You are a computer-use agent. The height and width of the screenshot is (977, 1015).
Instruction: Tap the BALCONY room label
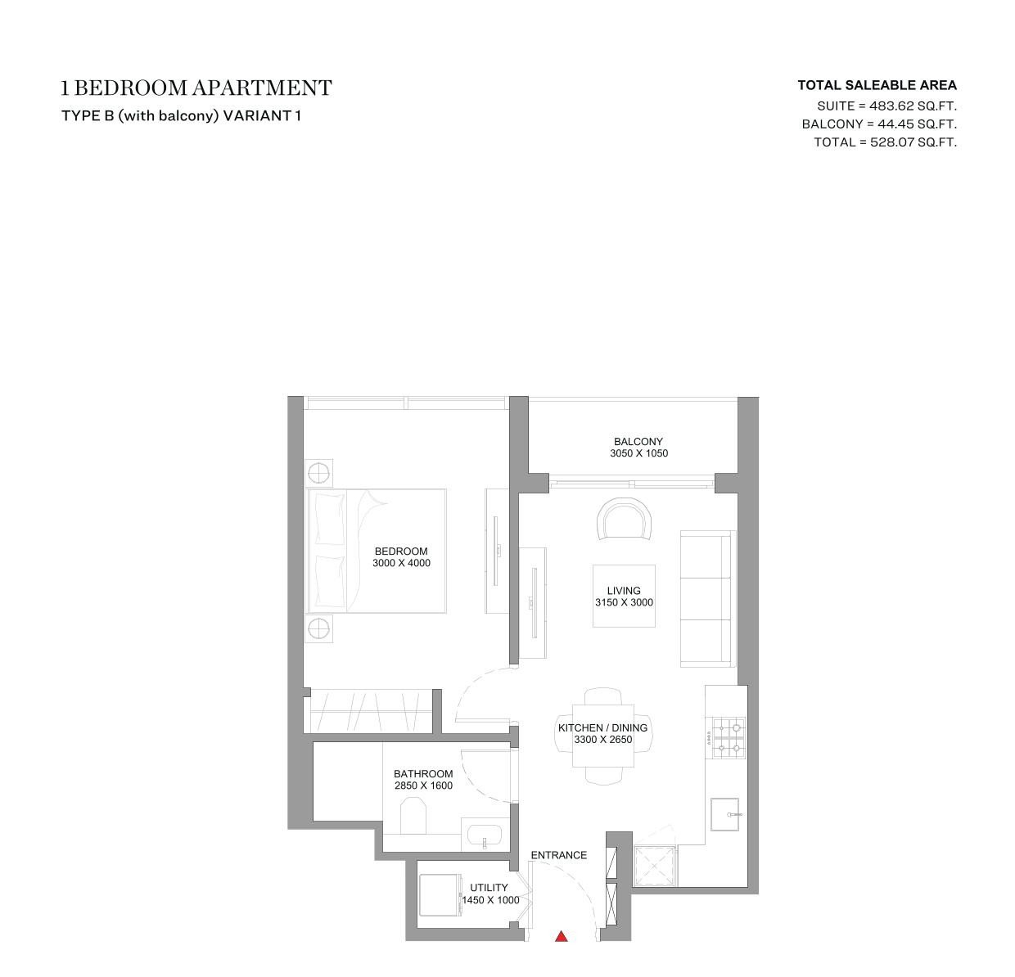coord(638,442)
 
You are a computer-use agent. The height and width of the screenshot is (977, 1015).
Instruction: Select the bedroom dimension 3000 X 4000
coord(401,563)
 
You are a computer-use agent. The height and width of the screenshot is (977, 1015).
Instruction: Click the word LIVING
coord(623,591)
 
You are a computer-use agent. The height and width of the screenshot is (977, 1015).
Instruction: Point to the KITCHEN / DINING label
coord(602,727)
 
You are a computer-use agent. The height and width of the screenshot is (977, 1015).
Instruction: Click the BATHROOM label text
coord(423,774)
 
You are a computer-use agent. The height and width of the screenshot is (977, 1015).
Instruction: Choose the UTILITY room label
coord(489,887)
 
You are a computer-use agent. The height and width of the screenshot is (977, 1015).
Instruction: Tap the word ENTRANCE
coord(558,855)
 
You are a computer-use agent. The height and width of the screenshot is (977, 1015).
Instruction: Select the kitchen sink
coord(724,814)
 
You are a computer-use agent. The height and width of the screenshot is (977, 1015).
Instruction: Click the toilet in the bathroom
coord(413,817)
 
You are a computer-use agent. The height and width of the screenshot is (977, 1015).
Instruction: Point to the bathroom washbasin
coord(485,835)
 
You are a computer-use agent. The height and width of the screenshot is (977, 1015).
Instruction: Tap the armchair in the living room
coord(624,520)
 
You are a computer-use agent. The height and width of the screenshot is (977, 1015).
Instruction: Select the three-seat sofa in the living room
coord(708,598)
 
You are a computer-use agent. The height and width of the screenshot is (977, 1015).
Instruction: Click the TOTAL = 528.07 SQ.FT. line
coord(885,142)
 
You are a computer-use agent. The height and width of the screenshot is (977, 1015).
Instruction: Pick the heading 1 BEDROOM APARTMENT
coord(196,88)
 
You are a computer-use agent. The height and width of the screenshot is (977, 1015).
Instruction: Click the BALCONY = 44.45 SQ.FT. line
coord(879,124)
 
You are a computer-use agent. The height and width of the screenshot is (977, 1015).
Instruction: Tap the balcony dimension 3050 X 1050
coord(638,453)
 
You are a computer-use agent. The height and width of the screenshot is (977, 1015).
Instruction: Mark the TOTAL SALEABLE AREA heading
coord(877,85)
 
